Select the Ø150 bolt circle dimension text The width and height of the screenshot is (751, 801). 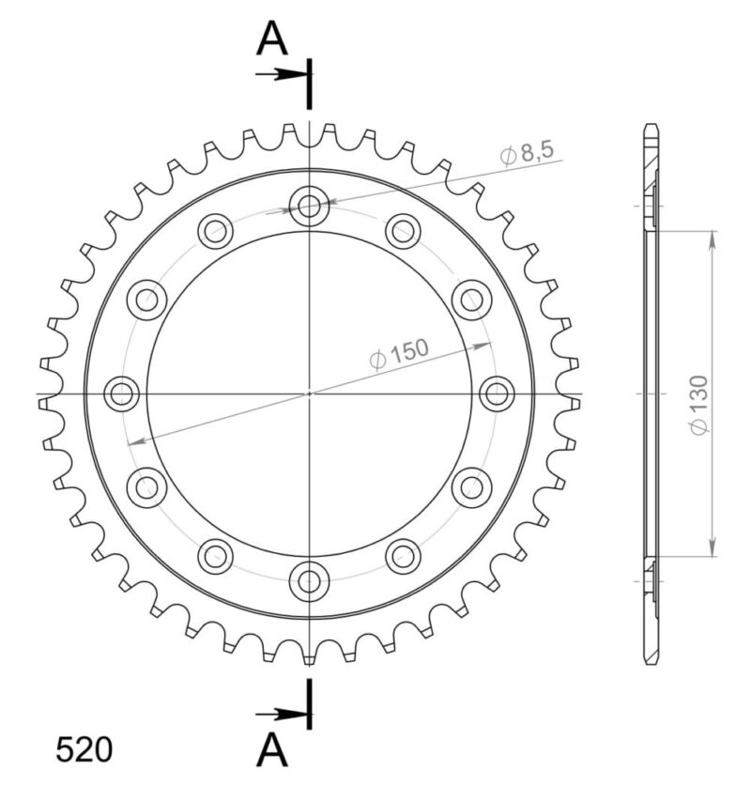399,355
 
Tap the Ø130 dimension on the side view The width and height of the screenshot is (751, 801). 699,405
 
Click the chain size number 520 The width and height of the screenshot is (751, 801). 84,749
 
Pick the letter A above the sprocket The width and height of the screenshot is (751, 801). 272,39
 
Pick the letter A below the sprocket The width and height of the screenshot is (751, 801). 272,749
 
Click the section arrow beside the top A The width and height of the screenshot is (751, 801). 280,73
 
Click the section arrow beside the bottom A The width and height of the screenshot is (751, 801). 280,716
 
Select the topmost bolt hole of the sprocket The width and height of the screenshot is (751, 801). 309,206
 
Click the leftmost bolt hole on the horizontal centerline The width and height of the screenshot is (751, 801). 121,393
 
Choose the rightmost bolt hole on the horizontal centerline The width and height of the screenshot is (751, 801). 497,393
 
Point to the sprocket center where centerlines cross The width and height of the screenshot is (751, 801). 309,393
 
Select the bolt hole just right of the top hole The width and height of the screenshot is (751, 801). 403,231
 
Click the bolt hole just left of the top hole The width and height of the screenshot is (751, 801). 215,231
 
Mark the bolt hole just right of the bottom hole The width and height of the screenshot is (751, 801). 403,556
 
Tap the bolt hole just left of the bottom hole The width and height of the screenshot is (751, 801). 215,556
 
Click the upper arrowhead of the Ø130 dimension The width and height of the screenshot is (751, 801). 713,238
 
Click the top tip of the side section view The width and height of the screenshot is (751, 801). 651,126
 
